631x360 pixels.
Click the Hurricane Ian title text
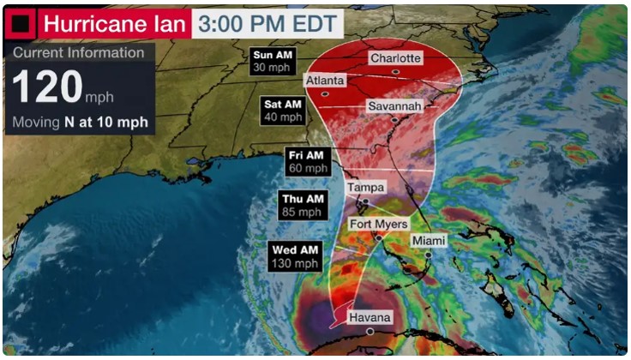pyautogui.click(x=114, y=23)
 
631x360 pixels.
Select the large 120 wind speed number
pyautogui.click(x=46, y=87)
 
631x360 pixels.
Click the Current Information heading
pyautogui.click(x=78, y=52)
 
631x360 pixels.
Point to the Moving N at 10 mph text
pyautogui.click(x=80, y=122)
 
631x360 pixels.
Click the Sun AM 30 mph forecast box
pyautogui.click(x=270, y=61)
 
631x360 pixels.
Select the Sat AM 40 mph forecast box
pyautogui.click(x=282, y=111)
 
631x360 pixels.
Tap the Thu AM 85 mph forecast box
pyautogui.click(x=301, y=206)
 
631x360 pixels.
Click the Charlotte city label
pyautogui.click(x=395, y=58)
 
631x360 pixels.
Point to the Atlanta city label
pyautogui.click(x=325, y=81)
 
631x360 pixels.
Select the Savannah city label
pyautogui.click(x=394, y=106)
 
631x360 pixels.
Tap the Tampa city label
pyautogui.click(x=365, y=187)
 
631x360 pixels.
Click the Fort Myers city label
pyautogui.click(x=378, y=225)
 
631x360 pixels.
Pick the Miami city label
pyautogui.click(x=428, y=241)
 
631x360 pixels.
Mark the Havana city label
pyautogui.click(x=370, y=318)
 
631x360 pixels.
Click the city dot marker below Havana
pyautogui.click(x=370, y=331)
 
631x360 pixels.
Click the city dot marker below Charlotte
pyautogui.click(x=395, y=72)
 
